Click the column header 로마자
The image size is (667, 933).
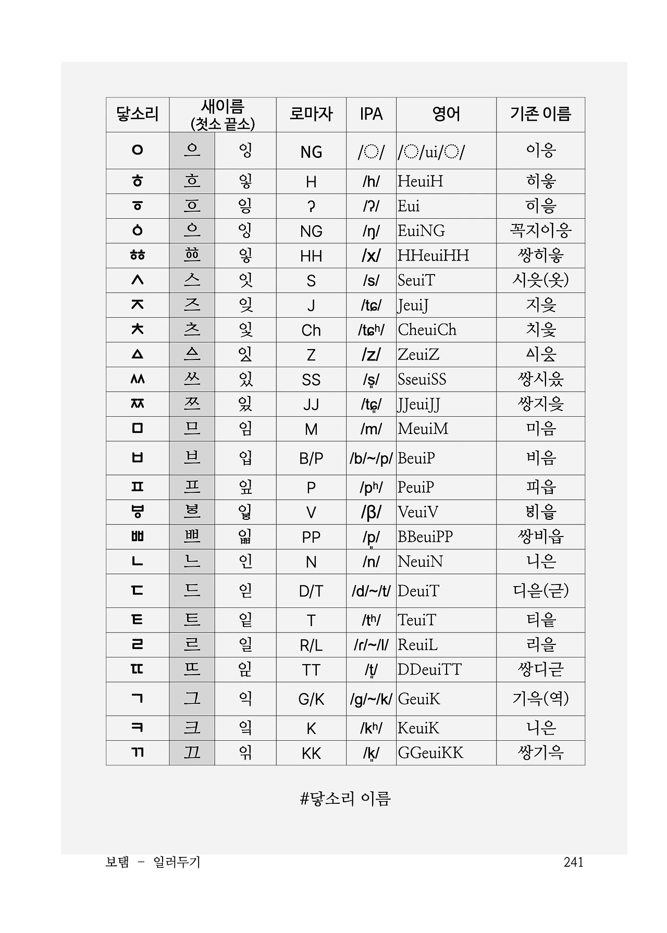(x=311, y=114)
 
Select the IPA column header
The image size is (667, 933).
(x=371, y=114)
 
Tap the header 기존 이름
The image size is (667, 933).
(x=540, y=114)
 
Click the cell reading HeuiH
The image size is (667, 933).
(x=420, y=181)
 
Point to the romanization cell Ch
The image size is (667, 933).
(x=311, y=330)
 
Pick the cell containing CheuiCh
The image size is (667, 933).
(x=427, y=330)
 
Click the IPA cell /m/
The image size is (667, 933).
(x=371, y=429)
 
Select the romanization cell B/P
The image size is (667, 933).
(x=311, y=458)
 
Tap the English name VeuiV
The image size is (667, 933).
(x=417, y=512)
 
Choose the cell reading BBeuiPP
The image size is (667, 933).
(x=425, y=537)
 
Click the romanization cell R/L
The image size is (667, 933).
(x=311, y=645)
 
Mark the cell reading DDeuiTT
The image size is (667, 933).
(x=429, y=669)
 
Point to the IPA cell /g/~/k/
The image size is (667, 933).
(x=371, y=699)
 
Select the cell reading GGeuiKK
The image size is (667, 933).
(x=430, y=753)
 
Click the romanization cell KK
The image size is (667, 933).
(x=311, y=753)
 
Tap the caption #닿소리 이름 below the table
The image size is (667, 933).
(x=345, y=799)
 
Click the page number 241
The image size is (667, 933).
(x=573, y=862)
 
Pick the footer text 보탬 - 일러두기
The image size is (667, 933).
(x=153, y=862)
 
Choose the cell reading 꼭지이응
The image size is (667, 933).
(x=540, y=231)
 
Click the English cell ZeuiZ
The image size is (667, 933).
(x=418, y=355)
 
